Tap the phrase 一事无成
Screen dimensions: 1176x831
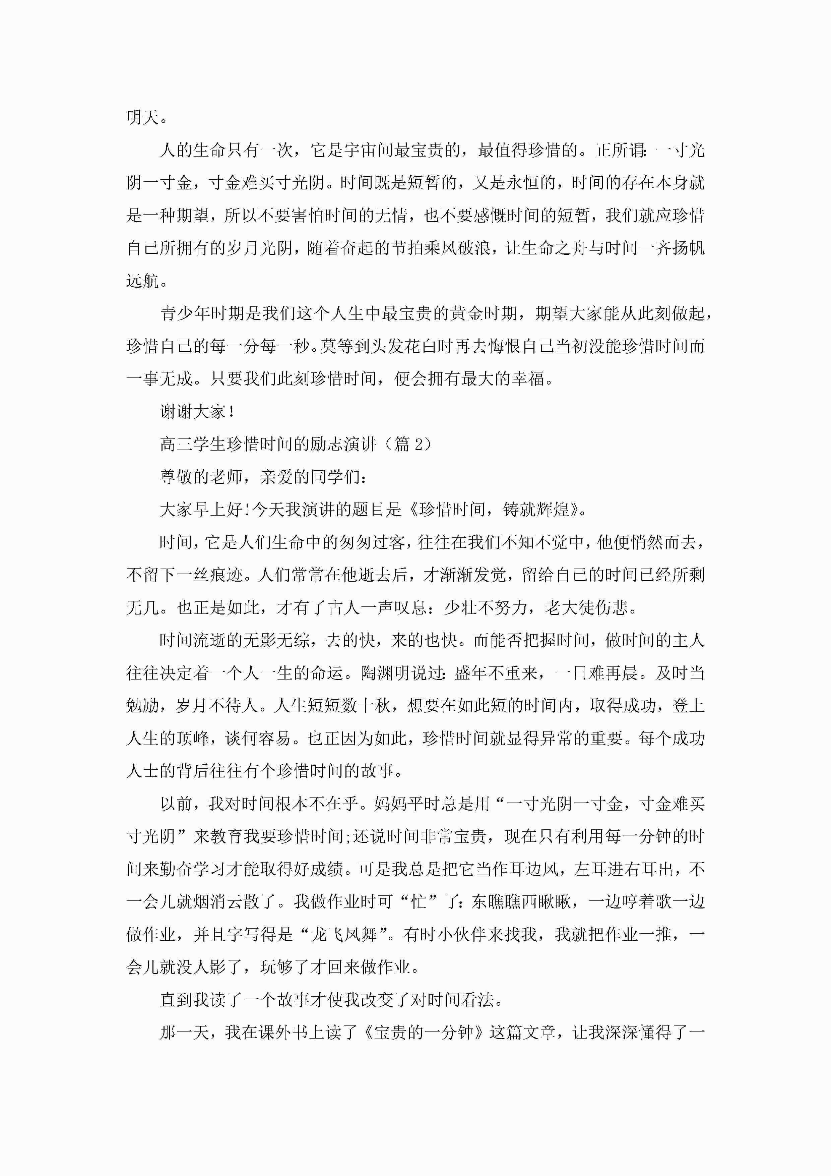[x=159, y=379]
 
